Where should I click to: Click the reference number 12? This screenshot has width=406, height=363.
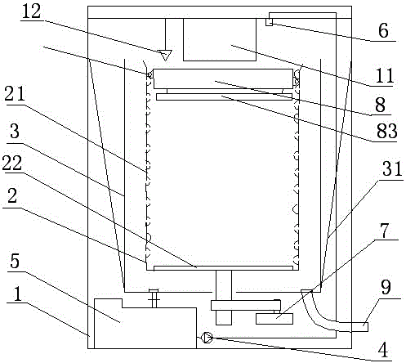(31, 12)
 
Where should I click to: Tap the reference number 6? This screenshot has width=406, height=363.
(383, 30)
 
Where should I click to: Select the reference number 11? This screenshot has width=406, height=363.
(385, 75)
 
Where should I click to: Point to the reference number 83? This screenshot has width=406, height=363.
(387, 131)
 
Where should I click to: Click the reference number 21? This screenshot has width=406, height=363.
(15, 93)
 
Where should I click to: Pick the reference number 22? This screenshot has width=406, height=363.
(12, 163)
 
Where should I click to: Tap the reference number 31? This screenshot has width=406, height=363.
(392, 168)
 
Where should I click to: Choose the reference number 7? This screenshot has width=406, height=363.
(385, 231)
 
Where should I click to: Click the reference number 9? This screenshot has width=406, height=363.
(386, 287)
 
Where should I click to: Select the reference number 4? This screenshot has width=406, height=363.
(383, 350)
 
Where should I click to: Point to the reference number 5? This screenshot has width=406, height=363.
(15, 261)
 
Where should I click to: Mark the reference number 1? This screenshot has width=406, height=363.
(17, 294)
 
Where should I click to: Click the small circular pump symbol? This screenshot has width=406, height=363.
(207, 338)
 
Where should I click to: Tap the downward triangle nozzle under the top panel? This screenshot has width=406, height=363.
(166, 55)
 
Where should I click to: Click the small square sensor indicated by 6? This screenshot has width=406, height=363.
(269, 22)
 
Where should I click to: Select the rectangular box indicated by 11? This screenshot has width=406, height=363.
(220, 39)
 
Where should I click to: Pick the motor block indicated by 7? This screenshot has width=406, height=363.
(274, 319)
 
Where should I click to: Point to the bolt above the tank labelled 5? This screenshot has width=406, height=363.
(154, 298)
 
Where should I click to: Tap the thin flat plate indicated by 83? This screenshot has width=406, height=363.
(225, 96)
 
